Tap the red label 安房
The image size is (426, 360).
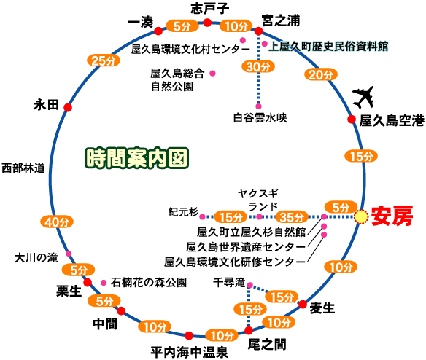click(x=392, y=216)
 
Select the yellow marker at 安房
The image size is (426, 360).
click(x=361, y=216)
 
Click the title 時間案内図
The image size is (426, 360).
click(x=137, y=157)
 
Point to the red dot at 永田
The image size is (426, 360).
click(x=68, y=107)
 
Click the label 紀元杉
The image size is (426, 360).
click(x=182, y=212)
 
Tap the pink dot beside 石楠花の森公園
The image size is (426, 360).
click(x=104, y=281)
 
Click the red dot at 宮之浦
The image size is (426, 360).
click(x=260, y=31)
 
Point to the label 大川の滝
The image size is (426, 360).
click(x=35, y=257)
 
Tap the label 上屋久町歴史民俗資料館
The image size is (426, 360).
click(x=328, y=45)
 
